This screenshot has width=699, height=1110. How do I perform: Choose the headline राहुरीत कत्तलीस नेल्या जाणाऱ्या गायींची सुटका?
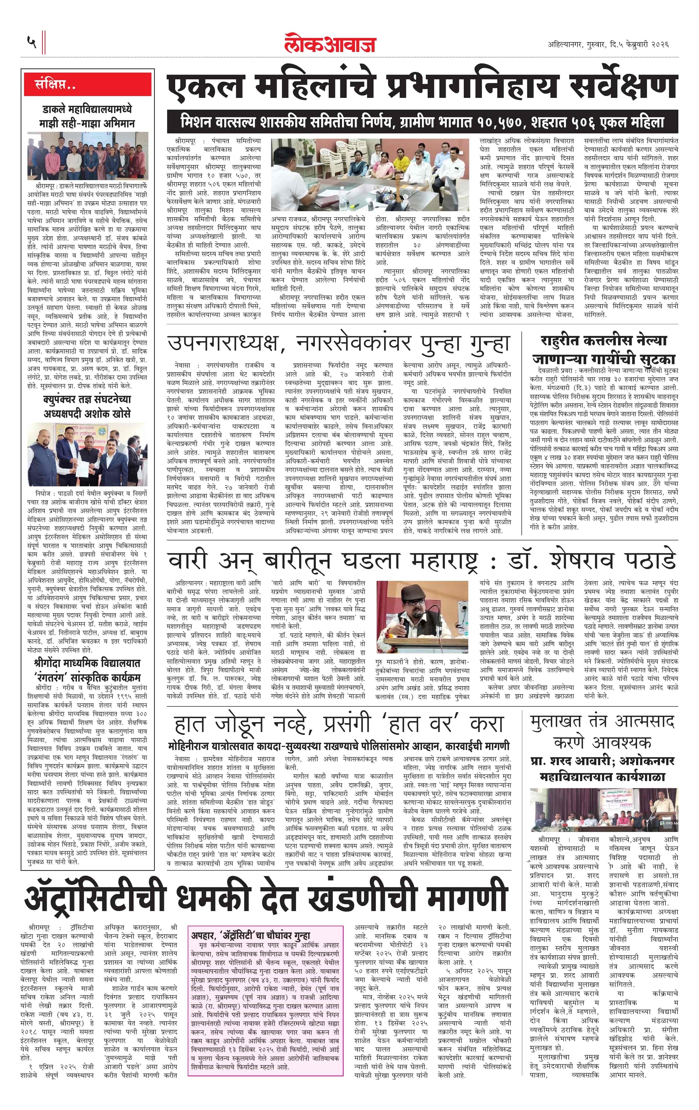pos(603,349)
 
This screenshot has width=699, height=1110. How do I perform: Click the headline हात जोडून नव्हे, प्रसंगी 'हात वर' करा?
pos(339,725)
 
